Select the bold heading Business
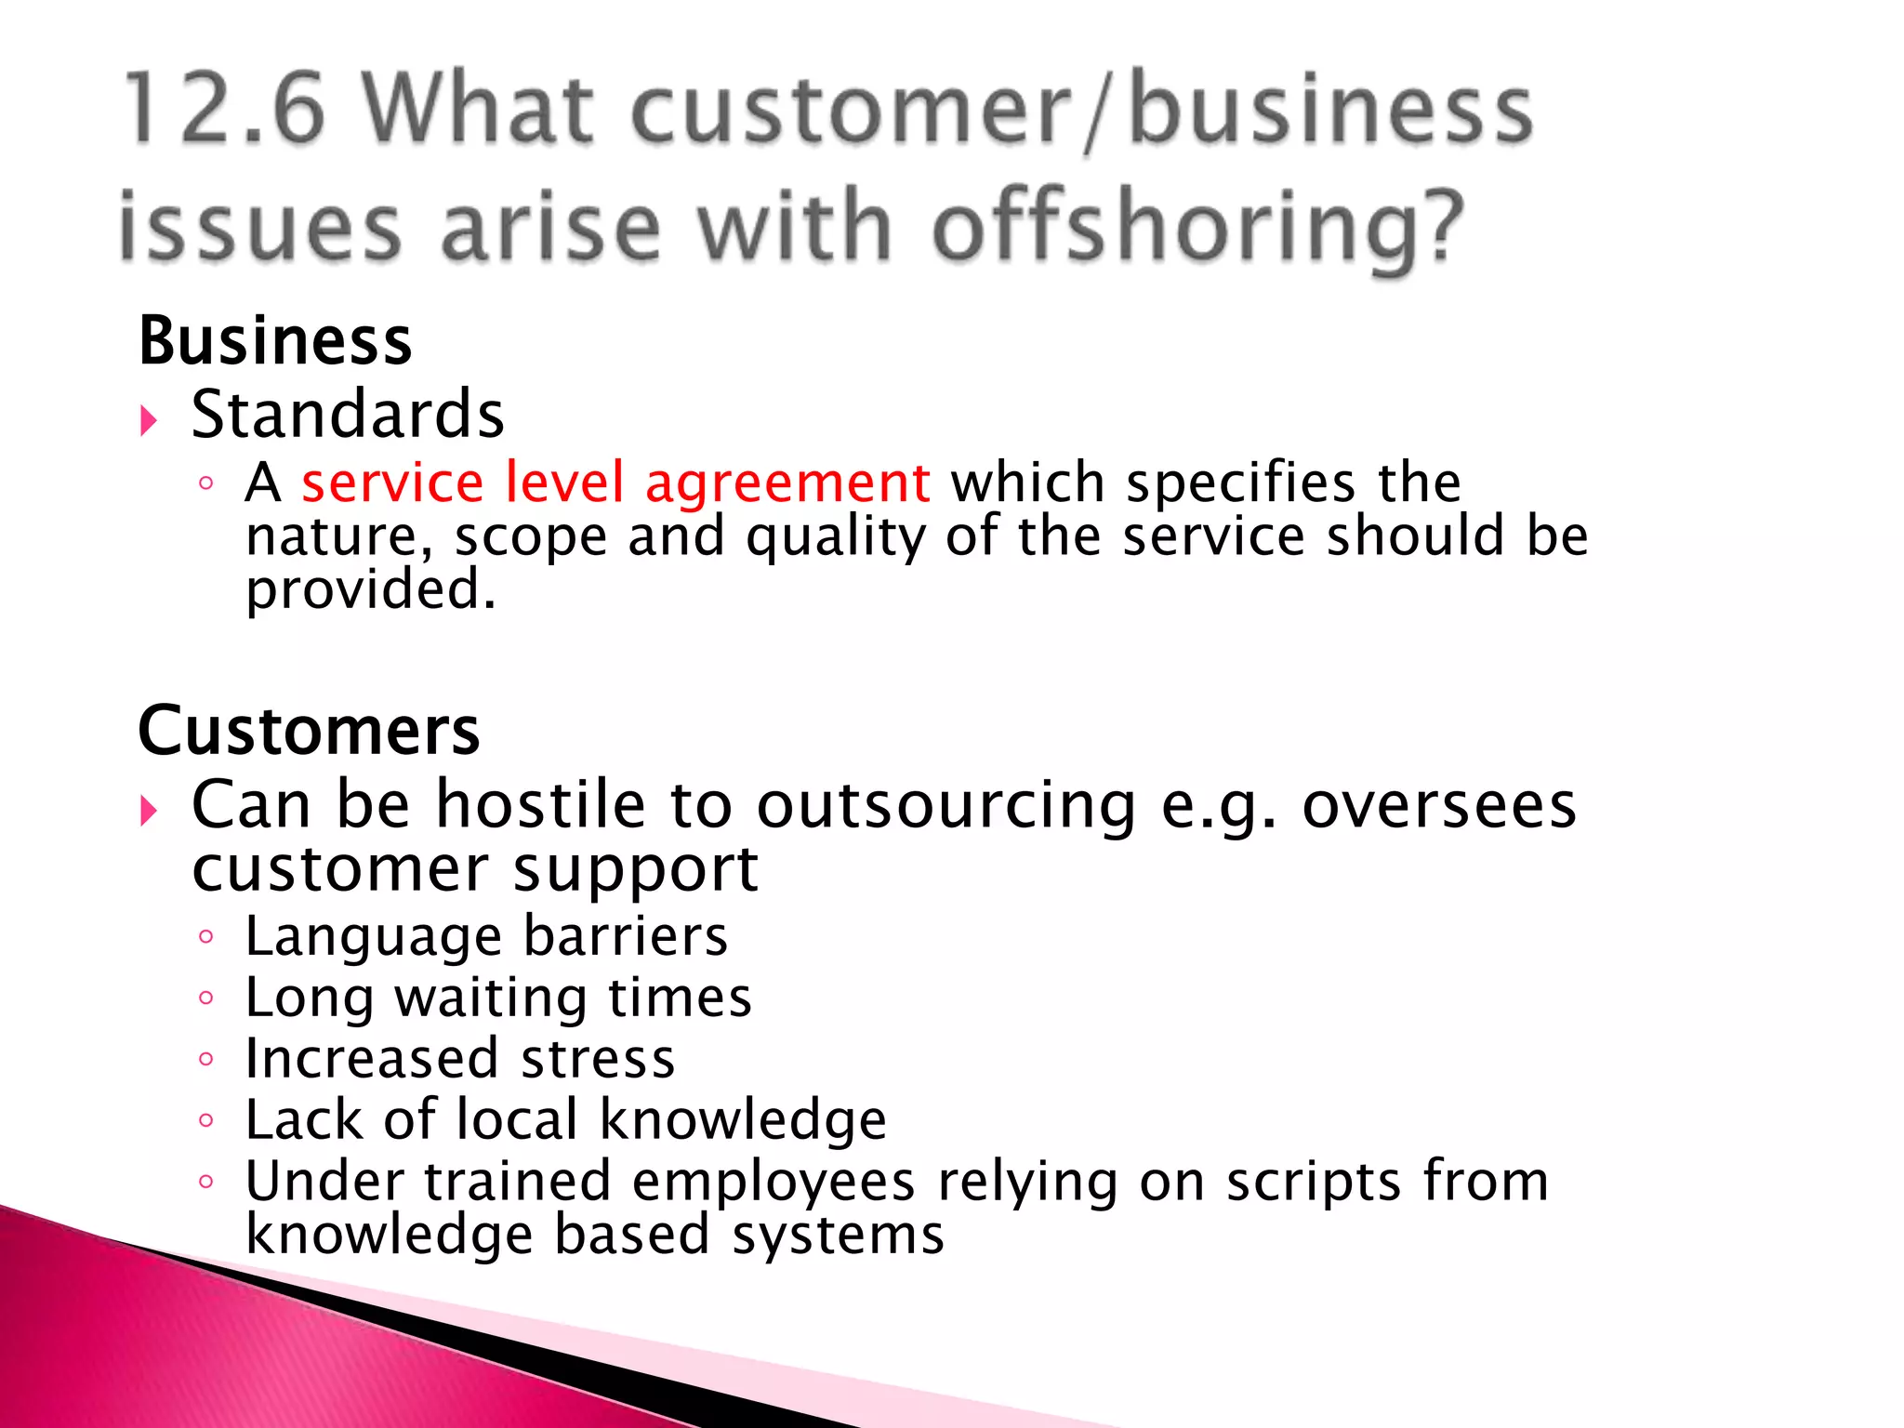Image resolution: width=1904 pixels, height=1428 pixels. [x=275, y=341]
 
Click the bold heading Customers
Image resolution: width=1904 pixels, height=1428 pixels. [x=309, y=731]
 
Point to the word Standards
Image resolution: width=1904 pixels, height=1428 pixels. [x=348, y=415]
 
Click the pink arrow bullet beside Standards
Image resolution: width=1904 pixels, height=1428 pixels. [x=149, y=421]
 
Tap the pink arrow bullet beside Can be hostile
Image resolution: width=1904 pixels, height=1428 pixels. [x=149, y=811]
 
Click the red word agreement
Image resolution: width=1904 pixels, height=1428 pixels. [x=787, y=484]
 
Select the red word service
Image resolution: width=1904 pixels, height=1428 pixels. [x=392, y=483]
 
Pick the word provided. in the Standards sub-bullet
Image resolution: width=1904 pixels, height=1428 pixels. [x=370, y=591]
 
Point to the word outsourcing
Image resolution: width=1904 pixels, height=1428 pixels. [x=945, y=805]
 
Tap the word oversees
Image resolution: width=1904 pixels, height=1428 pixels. [x=1438, y=805]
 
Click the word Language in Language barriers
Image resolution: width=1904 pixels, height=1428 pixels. [x=373, y=937]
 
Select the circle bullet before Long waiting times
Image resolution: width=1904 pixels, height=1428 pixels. [x=206, y=998]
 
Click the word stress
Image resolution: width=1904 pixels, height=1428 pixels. [x=598, y=1059]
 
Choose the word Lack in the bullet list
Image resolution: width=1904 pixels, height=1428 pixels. [x=303, y=1119]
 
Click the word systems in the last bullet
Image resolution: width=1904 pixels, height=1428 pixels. [x=838, y=1236]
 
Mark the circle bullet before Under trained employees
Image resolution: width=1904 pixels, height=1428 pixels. [x=206, y=1183]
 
